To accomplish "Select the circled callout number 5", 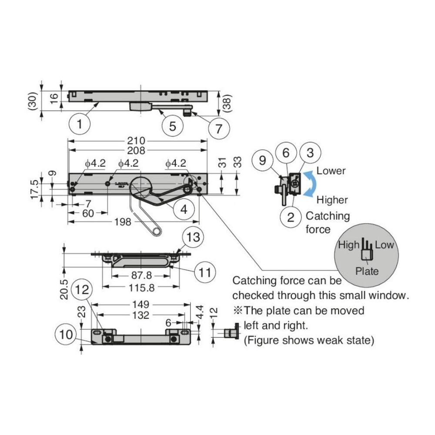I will (x=173, y=126).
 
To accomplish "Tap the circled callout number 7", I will (x=219, y=128).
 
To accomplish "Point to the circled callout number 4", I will (x=184, y=209).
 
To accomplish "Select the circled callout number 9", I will (x=262, y=160).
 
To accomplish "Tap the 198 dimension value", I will (x=123, y=222).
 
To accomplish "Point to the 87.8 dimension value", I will (x=141, y=276).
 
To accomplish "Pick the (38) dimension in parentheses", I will (x=229, y=103).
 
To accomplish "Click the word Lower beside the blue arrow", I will (x=331, y=171).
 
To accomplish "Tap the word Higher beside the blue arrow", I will (x=332, y=200).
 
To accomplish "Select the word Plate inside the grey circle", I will (x=367, y=271).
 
